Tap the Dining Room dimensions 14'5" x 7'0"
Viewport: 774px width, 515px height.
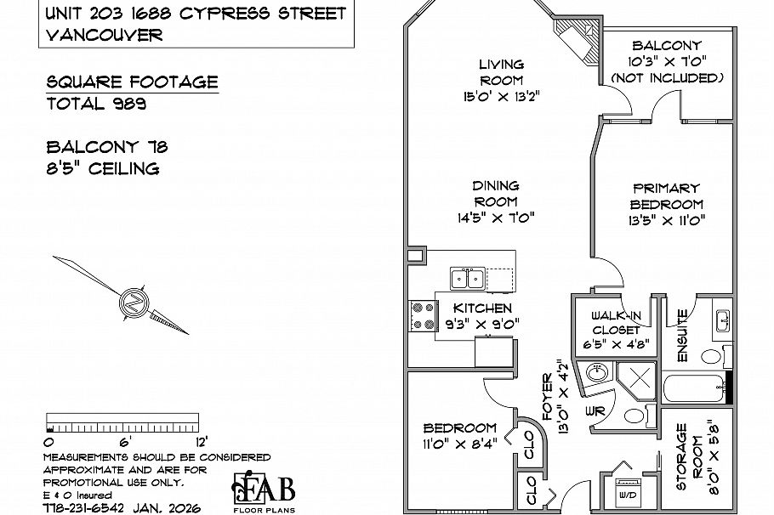coord(496,217)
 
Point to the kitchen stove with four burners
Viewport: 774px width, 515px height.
coord(422,316)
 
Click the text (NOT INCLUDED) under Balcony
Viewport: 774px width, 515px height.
coord(667,77)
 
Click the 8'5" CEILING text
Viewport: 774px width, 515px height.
coord(103,167)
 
